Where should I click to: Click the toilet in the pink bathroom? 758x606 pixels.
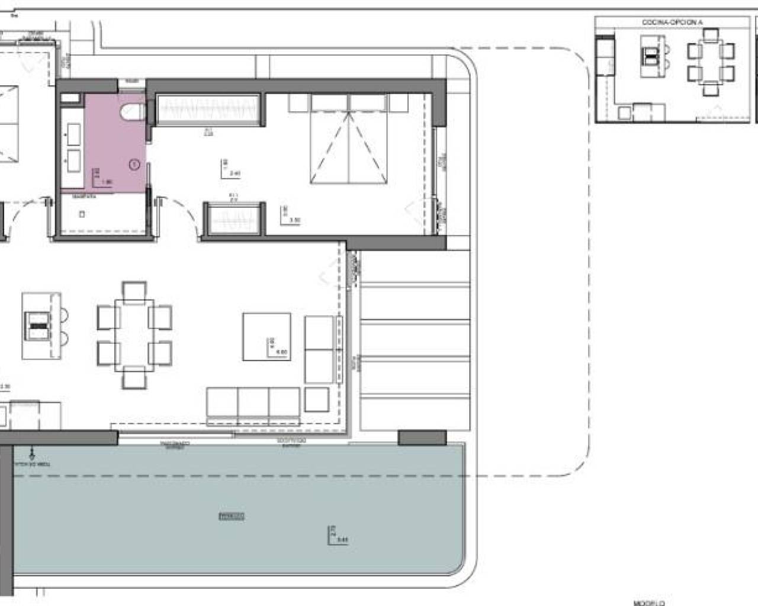click(131, 111)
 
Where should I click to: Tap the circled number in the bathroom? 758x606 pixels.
click(134, 165)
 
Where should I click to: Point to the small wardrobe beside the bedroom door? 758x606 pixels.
click(233, 220)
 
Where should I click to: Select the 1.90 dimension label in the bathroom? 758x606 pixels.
click(106, 182)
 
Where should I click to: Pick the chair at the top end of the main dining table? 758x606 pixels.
click(134, 291)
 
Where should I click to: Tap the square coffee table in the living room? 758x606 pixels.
click(266, 336)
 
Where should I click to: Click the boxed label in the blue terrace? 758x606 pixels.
click(232, 516)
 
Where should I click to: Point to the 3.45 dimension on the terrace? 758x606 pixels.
click(342, 539)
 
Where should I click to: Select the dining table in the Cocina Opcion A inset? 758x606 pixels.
click(711, 62)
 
